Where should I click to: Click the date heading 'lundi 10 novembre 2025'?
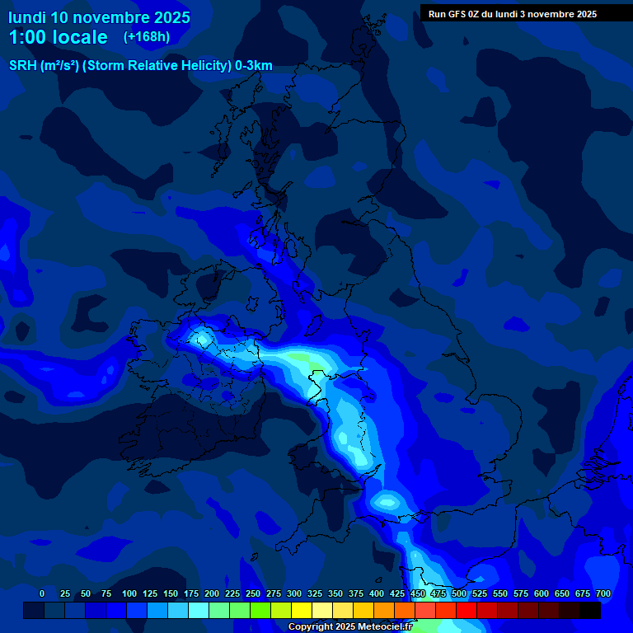[99, 17]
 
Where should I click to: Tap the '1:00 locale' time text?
[58, 37]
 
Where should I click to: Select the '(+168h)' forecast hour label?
[147, 37]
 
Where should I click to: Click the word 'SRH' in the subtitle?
[23, 66]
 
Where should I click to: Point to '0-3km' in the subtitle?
[253, 66]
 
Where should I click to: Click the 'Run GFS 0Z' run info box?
[512, 13]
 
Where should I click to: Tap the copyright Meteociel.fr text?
[349, 626]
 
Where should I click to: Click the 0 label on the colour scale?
[42, 593]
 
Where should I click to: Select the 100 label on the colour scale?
[129, 593]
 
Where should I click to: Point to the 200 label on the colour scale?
[212, 593]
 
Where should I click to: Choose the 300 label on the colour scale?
[294, 593]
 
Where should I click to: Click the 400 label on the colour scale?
[377, 593]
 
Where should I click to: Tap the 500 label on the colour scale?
[459, 593]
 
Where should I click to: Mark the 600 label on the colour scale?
[542, 593]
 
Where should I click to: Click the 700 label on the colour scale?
[603, 593]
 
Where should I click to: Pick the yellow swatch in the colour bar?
[302, 610]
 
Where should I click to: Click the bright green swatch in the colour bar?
[260, 610]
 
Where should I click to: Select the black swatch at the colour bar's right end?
[590, 610]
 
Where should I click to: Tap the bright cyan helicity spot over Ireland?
[200, 337]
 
